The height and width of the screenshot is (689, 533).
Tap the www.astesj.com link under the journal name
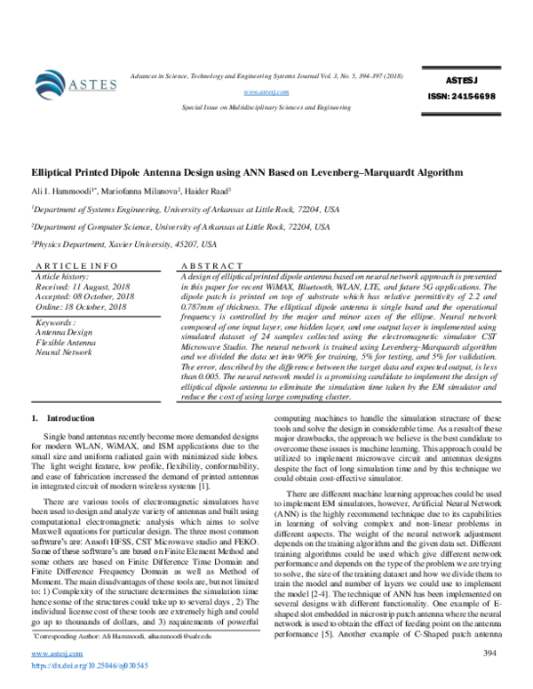267,91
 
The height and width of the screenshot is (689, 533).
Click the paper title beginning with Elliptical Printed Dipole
243,171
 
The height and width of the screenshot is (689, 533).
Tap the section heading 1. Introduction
57,417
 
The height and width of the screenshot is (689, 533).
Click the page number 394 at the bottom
488,653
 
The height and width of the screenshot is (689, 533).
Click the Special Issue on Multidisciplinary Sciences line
266,106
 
